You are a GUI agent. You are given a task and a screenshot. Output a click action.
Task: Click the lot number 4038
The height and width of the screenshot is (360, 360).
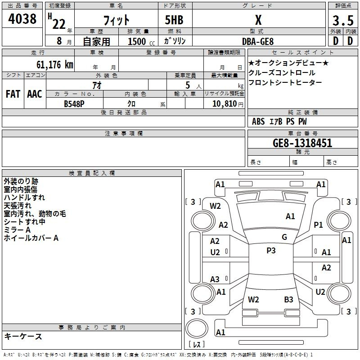click(x=22, y=20)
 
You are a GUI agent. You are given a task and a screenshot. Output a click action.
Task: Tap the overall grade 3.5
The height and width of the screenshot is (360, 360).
click(x=342, y=20)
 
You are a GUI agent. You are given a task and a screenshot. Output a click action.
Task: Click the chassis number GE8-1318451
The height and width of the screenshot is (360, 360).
click(x=302, y=143)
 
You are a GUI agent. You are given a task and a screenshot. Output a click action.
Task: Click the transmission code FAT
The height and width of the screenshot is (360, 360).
click(x=13, y=94)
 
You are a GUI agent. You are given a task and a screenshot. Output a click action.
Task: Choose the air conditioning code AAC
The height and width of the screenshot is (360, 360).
click(x=35, y=94)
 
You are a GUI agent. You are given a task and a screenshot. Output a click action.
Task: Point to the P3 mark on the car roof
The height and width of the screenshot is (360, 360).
click(x=271, y=251)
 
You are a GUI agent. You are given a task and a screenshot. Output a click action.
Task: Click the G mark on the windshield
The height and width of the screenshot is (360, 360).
click(x=284, y=237)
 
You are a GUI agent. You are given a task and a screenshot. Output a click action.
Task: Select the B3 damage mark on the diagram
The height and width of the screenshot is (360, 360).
click(x=288, y=299)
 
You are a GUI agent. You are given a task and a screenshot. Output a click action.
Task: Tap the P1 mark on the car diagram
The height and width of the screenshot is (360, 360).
click(x=319, y=225)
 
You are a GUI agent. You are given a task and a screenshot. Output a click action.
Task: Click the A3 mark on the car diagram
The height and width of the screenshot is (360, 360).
click(x=215, y=279)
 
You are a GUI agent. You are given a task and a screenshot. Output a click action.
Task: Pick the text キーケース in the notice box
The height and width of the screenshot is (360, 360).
click(x=23, y=336)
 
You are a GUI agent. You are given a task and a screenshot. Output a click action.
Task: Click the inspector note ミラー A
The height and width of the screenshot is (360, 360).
click(x=17, y=230)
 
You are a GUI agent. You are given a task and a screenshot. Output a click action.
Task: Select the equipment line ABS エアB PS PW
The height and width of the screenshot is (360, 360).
click(x=279, y=121)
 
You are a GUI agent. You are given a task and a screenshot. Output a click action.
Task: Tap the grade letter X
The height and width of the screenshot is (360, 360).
click(x=258, y=20)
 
